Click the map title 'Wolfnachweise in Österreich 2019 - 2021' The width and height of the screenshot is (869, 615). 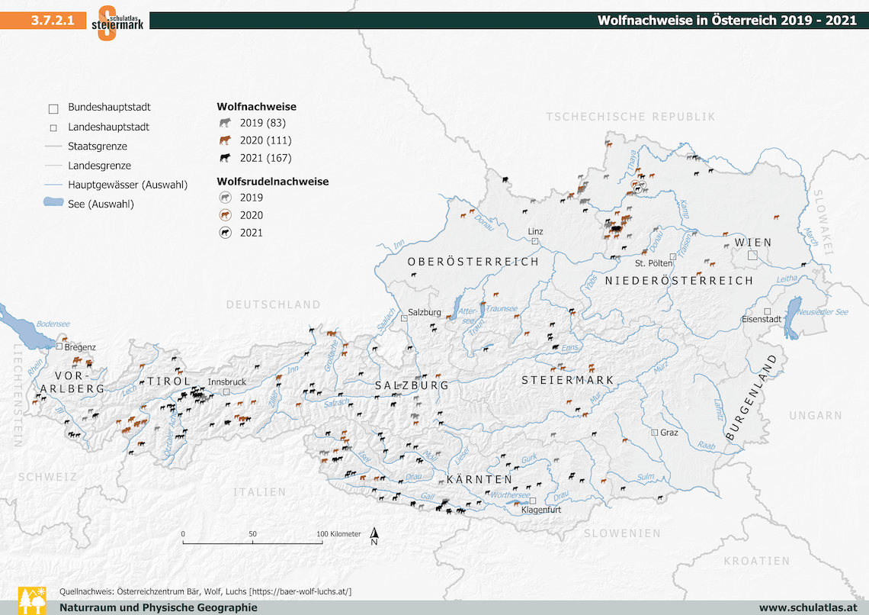726,21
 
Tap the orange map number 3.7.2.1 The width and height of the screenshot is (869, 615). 53,21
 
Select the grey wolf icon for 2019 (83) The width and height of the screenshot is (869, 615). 225,123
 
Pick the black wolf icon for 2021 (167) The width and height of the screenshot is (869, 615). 225,158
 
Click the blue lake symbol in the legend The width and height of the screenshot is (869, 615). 53,203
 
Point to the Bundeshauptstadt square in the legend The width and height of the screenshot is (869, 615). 53,108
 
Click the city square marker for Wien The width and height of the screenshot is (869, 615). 752,256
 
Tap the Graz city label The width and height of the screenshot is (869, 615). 669,433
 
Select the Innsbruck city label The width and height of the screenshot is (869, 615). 227,382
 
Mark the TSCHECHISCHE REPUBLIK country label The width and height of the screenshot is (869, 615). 630,117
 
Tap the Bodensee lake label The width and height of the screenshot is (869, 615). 53,324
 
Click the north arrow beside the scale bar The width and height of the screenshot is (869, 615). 374,536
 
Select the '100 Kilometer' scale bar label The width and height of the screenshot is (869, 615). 339,534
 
